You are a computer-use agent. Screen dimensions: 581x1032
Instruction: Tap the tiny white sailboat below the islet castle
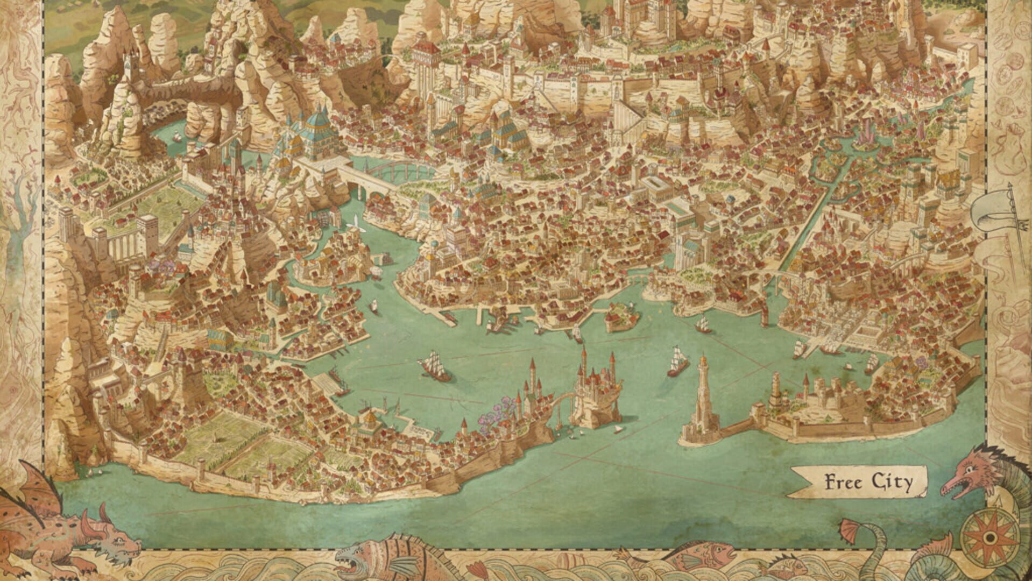(618, 429)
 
